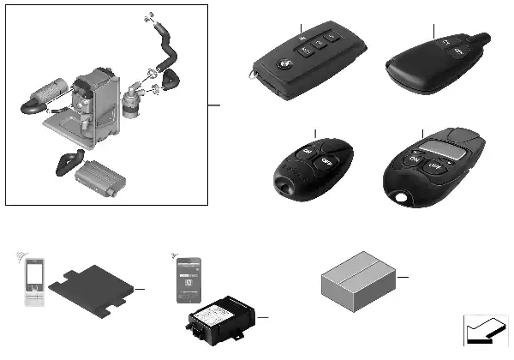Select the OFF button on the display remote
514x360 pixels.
click(x=434, y=166)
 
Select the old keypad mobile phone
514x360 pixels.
click(x=32, y=285)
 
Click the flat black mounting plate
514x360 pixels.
click(x=93, y=291)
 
